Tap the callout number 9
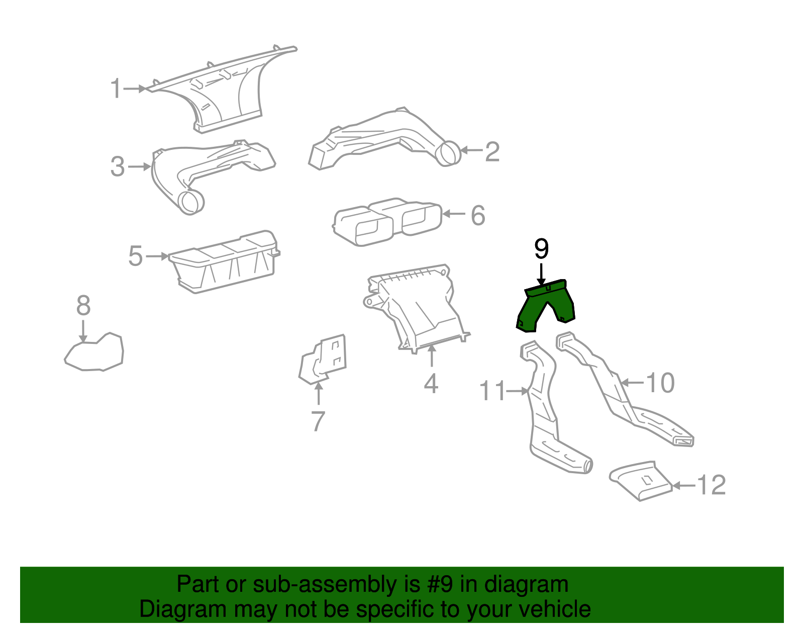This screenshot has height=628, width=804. [541, 249]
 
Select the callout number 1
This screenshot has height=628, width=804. [116, 89]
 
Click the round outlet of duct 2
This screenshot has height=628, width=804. [447, 154]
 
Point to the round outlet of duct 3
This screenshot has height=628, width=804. [191, 202]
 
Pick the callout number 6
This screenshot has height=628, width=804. [478, 215]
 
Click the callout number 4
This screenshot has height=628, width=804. [431, 384]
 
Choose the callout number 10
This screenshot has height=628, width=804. [660, 383]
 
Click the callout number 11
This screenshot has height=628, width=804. [492, 391]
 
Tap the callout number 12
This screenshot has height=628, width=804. [712, 486]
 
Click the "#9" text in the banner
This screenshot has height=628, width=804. [441, 585]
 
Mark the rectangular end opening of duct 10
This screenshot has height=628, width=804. [683, 442]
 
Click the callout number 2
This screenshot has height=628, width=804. [492, 151]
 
